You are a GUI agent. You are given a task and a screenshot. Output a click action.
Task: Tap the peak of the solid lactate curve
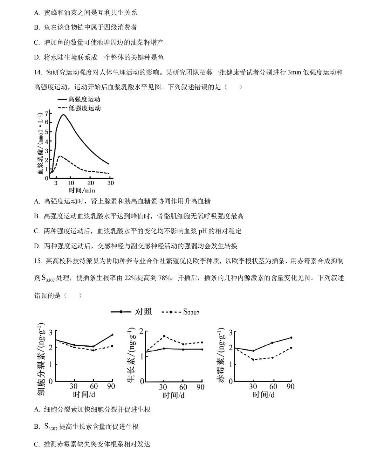click(x=63, y=115)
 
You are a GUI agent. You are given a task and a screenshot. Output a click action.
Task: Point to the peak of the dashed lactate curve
click(x=60, y=156)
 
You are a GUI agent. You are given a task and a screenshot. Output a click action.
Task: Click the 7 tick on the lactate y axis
click(x=46, y=114)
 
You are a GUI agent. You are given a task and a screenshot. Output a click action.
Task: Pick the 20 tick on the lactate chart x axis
click(x=91, y=183)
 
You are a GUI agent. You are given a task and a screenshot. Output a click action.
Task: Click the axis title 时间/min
click(x=82, y=190)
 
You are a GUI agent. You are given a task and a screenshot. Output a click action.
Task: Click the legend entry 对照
click(x=143, y=312)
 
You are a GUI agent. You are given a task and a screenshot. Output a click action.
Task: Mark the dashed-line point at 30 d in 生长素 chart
click(x=164, y=336)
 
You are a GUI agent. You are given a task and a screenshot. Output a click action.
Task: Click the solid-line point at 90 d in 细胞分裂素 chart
click(x=112, y=335)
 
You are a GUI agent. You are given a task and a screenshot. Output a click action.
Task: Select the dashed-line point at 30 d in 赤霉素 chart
click(x=253, y=359)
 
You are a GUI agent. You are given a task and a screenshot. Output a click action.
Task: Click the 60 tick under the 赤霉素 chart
click(x=273, y=387)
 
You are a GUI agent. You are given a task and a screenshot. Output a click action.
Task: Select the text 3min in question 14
click(x=294, y=72)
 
